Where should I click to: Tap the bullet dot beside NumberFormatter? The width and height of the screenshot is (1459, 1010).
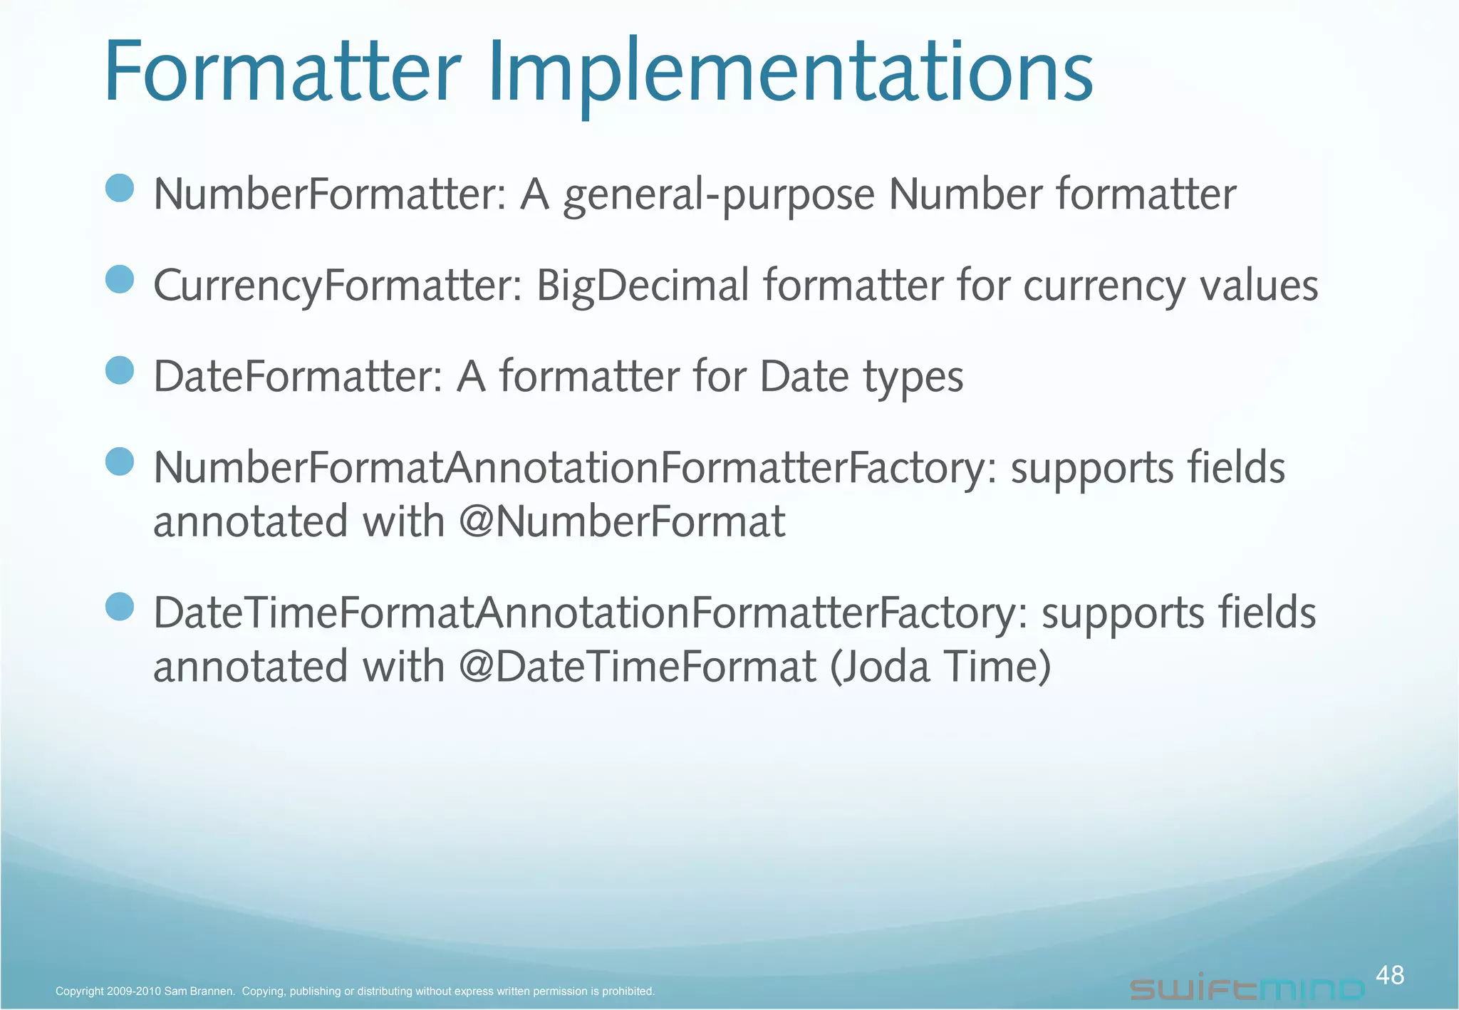120,189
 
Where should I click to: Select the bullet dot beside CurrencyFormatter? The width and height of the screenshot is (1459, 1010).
120,279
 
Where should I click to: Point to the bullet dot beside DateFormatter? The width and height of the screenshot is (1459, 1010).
120,370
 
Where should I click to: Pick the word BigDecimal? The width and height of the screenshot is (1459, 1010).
642,286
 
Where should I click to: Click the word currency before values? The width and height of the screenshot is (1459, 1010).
1104,286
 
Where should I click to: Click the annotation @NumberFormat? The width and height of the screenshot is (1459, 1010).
622,521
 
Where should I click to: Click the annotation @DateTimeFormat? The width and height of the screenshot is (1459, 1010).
638,667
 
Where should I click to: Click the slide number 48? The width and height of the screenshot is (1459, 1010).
1389,974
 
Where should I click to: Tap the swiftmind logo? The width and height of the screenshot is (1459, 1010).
1247,989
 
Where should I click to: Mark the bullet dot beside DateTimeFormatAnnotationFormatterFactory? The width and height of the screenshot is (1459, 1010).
120,607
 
